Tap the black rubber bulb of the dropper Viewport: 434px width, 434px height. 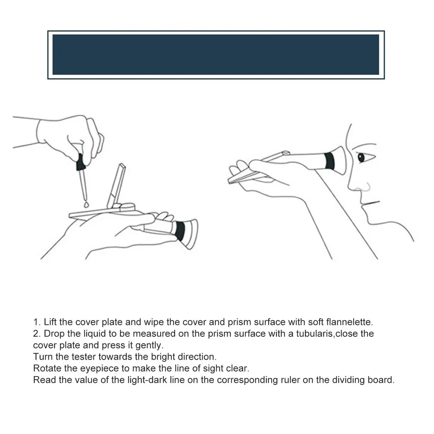81,162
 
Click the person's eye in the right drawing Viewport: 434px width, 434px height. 361,158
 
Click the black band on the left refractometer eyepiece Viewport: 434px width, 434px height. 180,231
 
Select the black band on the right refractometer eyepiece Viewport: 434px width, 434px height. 329,161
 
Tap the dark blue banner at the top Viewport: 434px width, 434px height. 216,55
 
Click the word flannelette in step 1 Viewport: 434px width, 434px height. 350,322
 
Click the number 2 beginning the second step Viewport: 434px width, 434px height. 36,333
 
